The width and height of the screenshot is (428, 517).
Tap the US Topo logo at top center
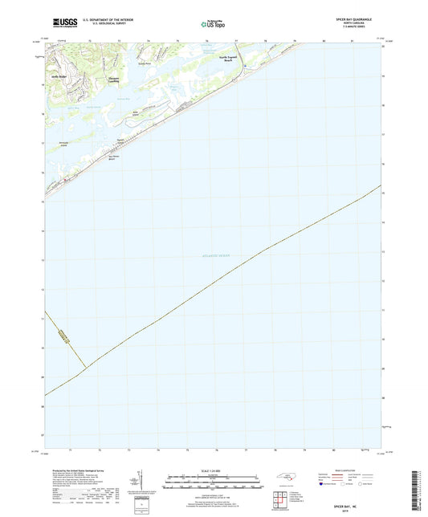pos(212,24)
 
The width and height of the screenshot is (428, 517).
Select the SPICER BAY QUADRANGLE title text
pos(356,18)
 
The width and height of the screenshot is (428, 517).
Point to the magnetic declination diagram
pos(142,481)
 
